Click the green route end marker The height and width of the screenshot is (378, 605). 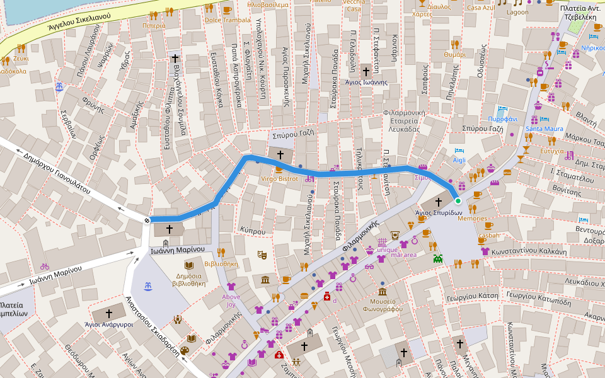click(458, 200)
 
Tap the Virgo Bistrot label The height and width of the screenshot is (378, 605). click(279, 179)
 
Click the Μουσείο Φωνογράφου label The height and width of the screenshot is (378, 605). click(383, 304)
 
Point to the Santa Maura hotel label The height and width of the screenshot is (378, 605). click(544, 129)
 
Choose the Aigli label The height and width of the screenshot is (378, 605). click(459, 160)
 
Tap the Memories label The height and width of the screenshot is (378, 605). click(472, 219)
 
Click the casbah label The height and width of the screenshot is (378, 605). click(488, 236)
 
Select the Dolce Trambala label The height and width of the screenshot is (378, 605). click(227, 20)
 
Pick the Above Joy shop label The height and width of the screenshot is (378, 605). click(231, 301)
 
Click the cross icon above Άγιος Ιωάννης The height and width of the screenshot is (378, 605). click(366, 72)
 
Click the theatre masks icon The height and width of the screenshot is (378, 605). click(262, 255)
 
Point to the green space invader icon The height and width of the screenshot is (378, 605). click(437, 257)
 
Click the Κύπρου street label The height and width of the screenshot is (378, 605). click(253, 231)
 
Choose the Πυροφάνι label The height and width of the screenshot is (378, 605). click(502, 119)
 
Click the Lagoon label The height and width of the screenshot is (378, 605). click(518, 12)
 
